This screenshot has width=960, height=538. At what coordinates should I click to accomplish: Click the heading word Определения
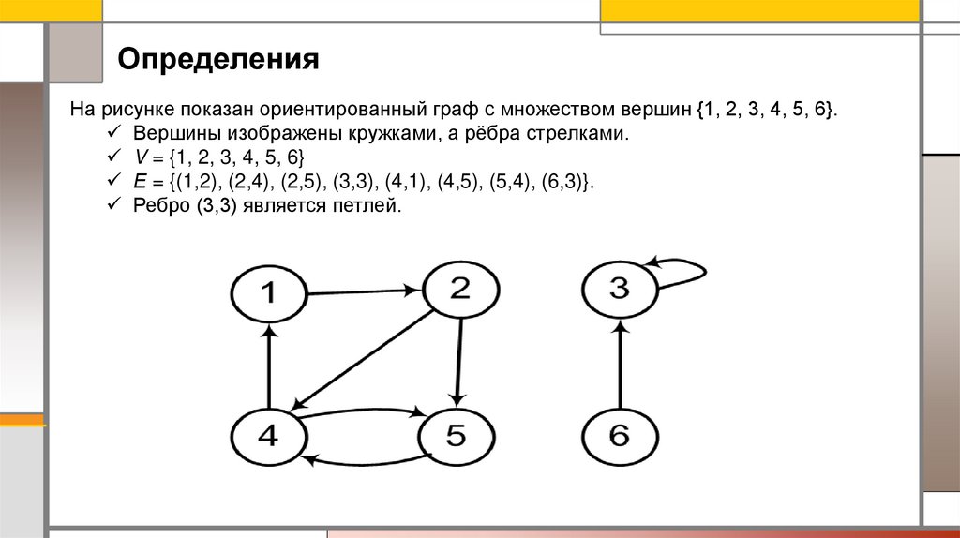(218, 61)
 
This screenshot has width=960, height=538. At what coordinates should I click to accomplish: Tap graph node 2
(459, 290)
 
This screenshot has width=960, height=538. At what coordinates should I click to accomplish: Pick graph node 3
(620, 290)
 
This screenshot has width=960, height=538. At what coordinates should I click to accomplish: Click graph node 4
(268, 437)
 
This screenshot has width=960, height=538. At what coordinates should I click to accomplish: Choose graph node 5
(456, 437)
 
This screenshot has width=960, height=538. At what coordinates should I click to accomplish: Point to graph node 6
(620, 437)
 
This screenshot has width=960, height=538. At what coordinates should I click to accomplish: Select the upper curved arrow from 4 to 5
(361, 411)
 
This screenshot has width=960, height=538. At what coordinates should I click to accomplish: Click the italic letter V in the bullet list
(137, 157)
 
